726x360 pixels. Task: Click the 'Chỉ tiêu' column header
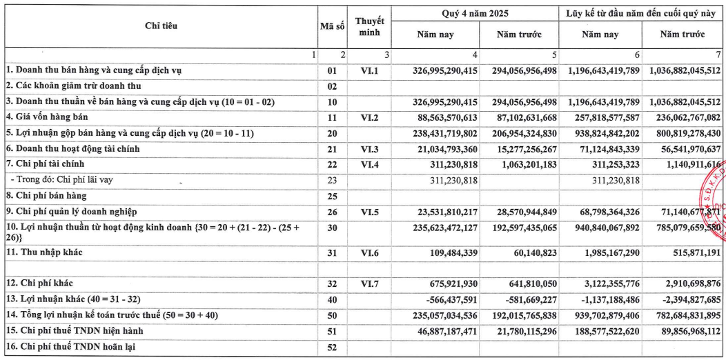click(161, 26)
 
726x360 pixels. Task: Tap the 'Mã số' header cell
click(332, 26)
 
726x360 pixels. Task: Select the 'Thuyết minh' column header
click(369, 26)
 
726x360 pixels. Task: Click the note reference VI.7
click(369, 283)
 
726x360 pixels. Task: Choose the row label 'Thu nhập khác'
click(44, 253)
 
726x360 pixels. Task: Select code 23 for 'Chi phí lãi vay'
click(332, 180)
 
